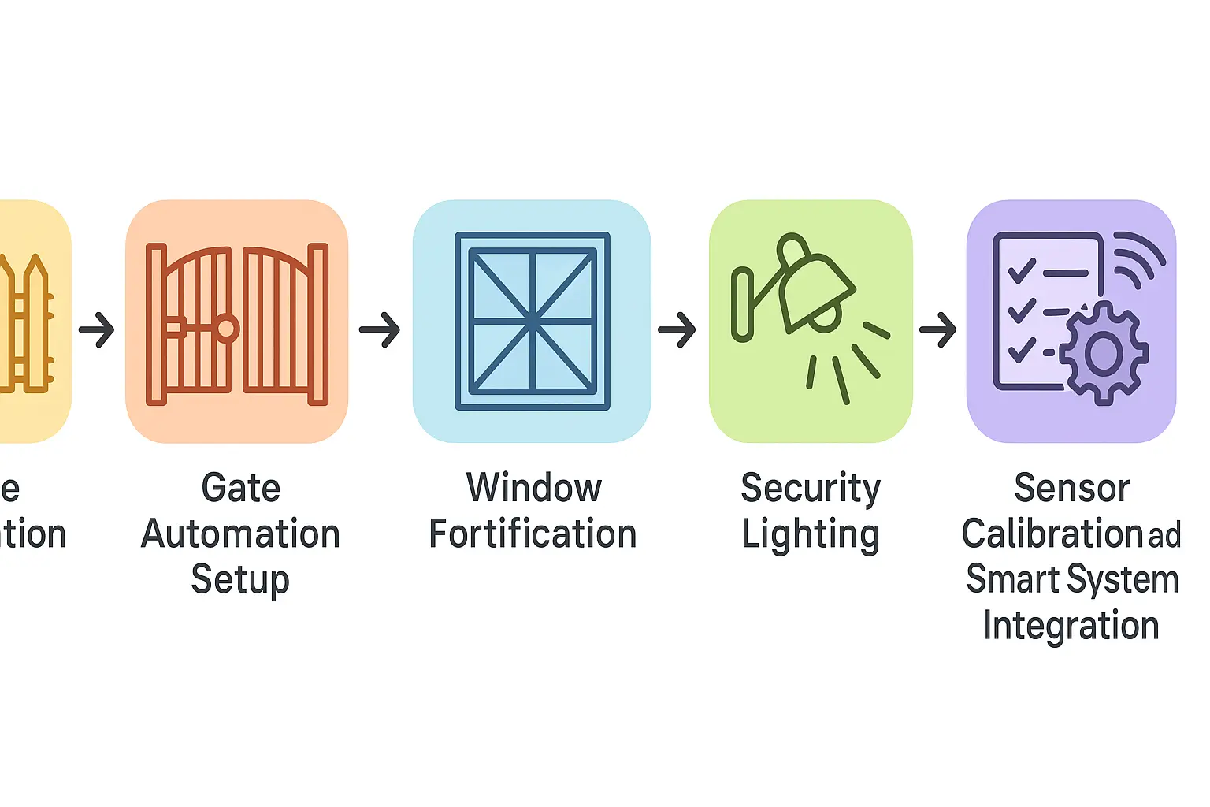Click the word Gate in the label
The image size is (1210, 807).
pos(241,488)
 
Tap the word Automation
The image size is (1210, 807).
pos(240,534)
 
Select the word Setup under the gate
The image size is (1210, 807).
pos(240,580)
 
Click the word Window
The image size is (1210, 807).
pos(534,488)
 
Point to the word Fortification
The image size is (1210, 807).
pos(533,534)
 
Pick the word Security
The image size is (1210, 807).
pos(811,489)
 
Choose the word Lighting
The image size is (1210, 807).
pos(811,535)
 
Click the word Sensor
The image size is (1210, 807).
pos(1072,488)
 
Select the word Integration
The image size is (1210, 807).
pos(1071,626)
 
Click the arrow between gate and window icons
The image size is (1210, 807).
pos(380,329)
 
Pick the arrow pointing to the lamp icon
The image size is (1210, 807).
pos(677,329)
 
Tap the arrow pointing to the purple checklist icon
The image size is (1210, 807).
pos(937,329)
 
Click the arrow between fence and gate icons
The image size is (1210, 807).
pos(97,329)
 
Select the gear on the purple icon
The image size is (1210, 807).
pos(1104,354)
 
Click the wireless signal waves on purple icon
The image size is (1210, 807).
pos(1140,258)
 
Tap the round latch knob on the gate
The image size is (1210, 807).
pos(227,327)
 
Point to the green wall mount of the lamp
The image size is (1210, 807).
pos(742,304)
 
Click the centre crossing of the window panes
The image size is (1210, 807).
pos(533,321)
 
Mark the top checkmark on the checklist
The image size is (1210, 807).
pos(1022,272)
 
